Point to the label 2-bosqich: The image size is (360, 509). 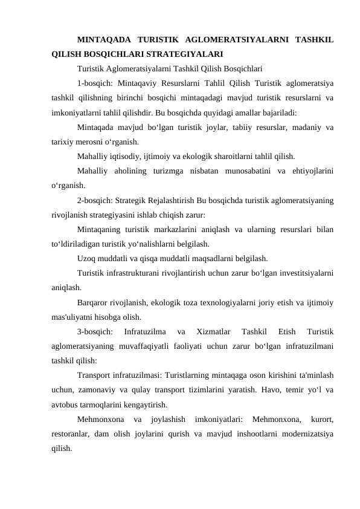tap(95, 200)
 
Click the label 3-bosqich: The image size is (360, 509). tap(95, 332)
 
